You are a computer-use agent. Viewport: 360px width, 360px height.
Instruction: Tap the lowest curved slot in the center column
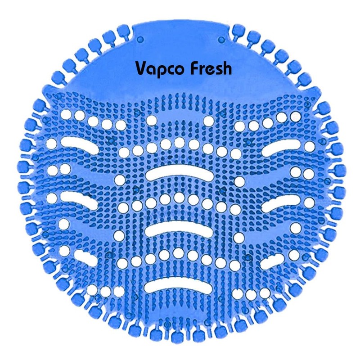pyautogui.click(x=179, y=283)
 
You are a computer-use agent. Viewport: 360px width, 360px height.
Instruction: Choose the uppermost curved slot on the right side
pyautogui.click(x=282, y=147)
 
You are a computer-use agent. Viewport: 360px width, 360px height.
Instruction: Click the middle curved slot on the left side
pyautogui.click(x=79, y=199)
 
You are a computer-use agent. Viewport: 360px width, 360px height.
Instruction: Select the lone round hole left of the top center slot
pyautogui.click(x=120, y=180)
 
